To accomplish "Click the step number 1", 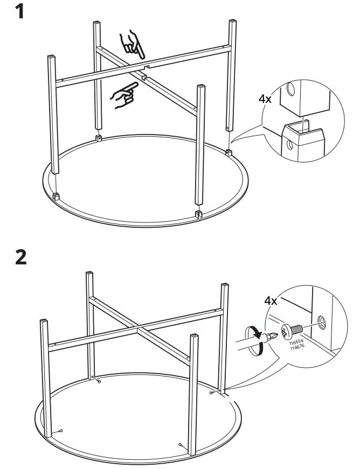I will pos(20,12).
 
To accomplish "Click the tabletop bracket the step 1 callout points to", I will pos(230,152).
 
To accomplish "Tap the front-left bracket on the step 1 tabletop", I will pos(57,196).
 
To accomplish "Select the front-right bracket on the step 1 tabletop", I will pos(198,214).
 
